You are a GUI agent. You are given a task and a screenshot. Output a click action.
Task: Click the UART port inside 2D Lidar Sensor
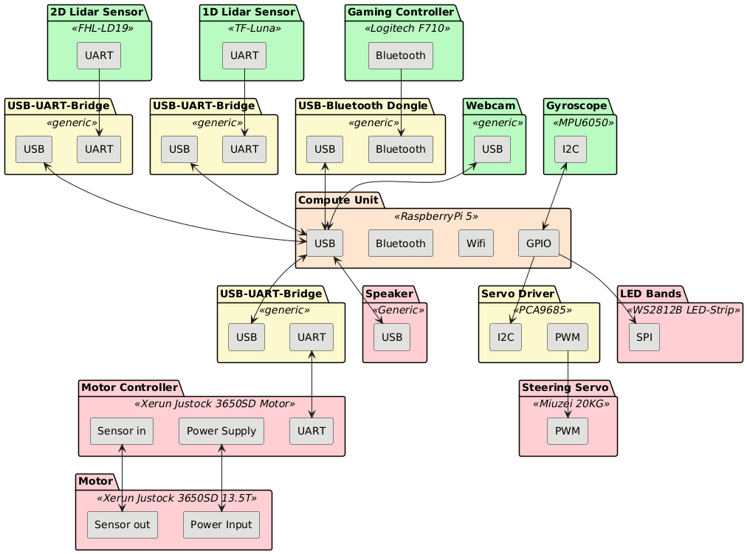(99, 56)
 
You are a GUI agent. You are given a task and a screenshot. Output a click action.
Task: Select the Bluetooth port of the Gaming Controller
(400, 56)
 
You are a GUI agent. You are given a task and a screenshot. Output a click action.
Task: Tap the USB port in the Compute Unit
(324, 243)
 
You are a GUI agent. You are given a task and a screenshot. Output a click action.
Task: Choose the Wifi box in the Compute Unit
(475, 243)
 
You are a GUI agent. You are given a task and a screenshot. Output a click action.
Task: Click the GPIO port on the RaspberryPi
(539, 243)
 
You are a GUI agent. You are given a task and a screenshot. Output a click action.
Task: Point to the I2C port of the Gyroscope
(570, 150)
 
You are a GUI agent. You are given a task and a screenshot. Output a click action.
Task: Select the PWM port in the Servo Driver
(566, 337)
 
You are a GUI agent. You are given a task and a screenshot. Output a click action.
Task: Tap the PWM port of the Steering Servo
(567, 431)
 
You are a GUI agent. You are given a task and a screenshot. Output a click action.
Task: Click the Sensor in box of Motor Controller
(121, 431)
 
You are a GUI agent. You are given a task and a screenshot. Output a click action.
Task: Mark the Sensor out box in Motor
(123, 524)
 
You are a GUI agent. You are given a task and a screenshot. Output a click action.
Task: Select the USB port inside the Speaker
(392, 337)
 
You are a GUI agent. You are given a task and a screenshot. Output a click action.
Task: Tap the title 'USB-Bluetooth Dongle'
(365, 105)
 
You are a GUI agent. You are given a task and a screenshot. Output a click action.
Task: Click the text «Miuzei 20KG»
(568, 404)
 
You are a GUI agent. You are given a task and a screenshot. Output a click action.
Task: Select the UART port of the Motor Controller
(312, 431)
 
